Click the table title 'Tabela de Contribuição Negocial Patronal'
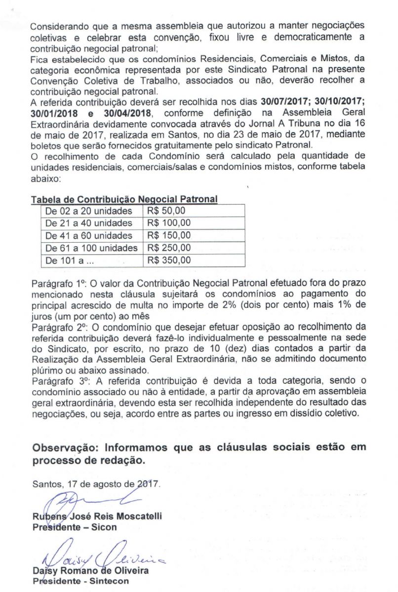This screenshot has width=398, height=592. [x=124, y=200]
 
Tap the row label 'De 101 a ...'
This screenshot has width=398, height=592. [x=67, y=260]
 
